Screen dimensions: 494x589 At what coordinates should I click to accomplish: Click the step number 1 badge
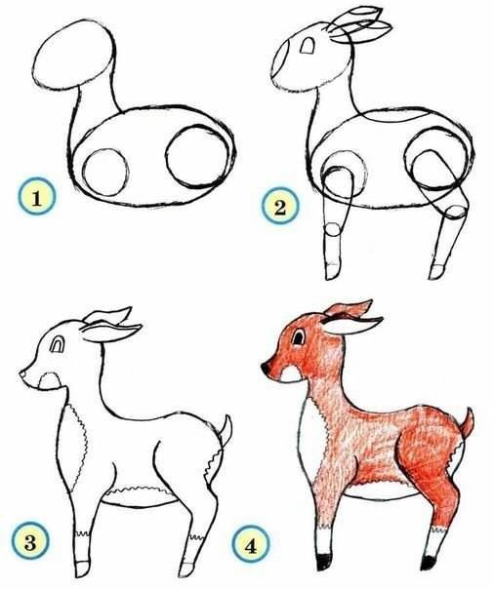point(36,196)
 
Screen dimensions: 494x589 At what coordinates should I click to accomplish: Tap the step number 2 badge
point(280,206)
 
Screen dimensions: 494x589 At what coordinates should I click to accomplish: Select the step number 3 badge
point(30,541)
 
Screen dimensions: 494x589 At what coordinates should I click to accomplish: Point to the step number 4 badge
point(251,544)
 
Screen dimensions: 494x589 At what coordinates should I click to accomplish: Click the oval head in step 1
point(73,55)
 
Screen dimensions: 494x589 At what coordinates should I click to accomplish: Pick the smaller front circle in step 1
point(105,173)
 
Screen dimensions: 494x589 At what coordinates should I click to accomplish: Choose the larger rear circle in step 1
point(197,157)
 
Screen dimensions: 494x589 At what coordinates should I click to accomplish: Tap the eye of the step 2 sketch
point(308,46)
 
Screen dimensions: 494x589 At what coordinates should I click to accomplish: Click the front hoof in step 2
point(332,271)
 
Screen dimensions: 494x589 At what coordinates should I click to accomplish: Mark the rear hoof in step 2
point(437,271)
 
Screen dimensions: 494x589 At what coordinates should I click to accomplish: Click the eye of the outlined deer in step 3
point(57,344)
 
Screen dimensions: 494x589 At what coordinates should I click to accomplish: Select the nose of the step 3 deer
point(22,374)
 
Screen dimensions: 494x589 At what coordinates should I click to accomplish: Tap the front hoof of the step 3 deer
point(82,569)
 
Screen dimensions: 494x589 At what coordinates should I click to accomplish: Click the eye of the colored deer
point(299,337)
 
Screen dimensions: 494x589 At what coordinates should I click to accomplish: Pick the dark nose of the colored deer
point(267,368)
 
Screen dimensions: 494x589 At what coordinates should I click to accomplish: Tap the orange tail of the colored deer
point(468,423)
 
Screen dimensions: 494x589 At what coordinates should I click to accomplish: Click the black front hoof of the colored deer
point(324,562)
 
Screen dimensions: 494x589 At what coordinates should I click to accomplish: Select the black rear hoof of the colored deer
point(429,563)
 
